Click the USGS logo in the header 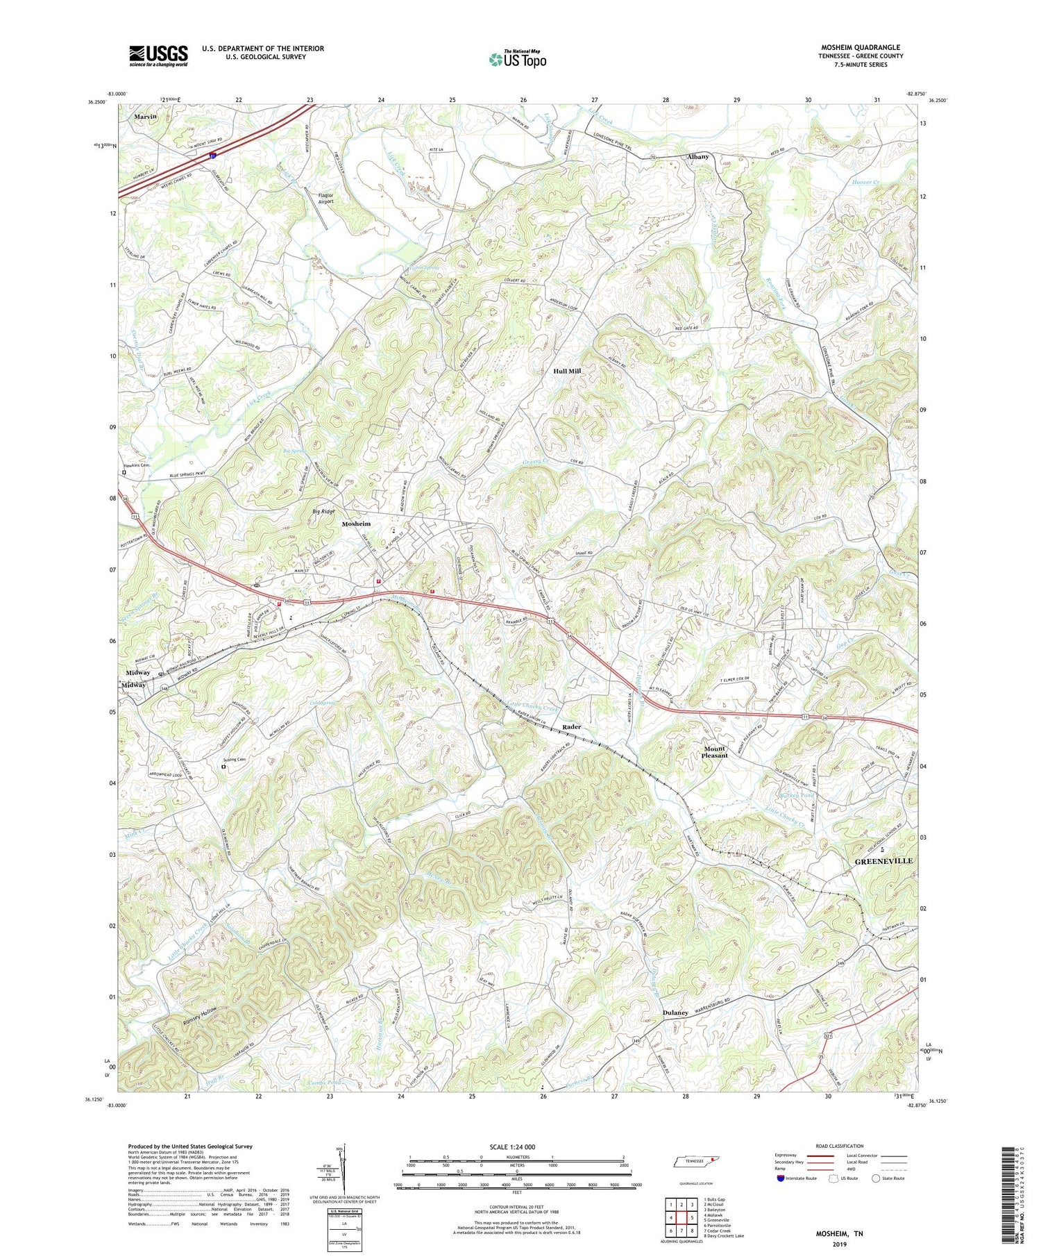pyautogui.click(x=158, y=55)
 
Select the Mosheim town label pyautogui.click(x=356, y=524)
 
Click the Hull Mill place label pyautogui.click(x=566, y=372)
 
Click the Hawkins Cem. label pyautogui.click(x=137, y=465)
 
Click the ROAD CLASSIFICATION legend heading pyautogui.click(x=839, y=1146)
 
